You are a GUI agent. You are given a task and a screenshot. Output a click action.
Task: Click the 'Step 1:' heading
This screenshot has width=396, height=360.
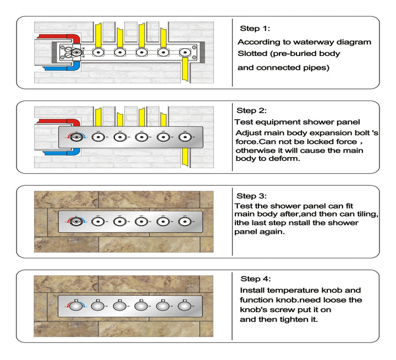point(255,29)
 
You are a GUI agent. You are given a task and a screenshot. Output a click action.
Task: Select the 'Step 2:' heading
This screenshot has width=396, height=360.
point(252,110)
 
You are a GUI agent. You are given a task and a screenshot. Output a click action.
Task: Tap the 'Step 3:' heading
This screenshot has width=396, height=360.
point(252,196)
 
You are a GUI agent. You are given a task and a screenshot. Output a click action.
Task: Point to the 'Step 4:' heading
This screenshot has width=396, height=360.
point(256,279)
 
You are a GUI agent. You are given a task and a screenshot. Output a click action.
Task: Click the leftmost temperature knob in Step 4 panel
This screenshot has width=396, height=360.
point(76,306)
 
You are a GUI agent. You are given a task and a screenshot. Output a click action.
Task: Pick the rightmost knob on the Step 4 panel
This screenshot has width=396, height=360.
point(185,306)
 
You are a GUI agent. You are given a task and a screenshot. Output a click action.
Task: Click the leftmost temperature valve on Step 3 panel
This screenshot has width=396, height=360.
point(76,221)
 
